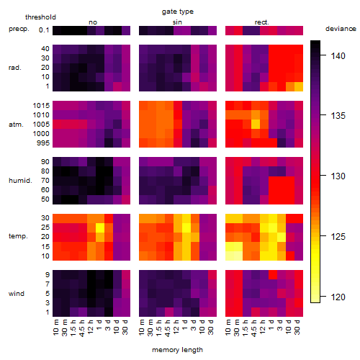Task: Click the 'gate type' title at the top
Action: click(x=178, y=12)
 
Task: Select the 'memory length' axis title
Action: click(x=177, y=350)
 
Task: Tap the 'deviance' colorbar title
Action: click(x=341, y=29)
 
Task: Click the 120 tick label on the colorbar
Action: click(x=338, y=297)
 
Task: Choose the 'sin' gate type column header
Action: click(x=177, y=22)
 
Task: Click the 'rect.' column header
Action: click(x=261, y=22)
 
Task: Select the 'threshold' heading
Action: click(x=40, y=17)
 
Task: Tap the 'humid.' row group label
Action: click(x=20, y=181)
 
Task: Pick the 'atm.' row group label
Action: click(x=16, y=125)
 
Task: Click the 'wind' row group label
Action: click(x=17, y=294)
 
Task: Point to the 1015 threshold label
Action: click(x=41, y=106)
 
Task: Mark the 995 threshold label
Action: click(x=43, y=143)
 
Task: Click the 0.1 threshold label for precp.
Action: click(x=44, y=30)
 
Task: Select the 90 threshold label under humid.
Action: click(x=45, y=162)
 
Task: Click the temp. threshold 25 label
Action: click(x=45, y=228)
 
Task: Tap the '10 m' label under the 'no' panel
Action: click(x=55, y=327)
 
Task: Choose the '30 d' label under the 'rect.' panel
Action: click(x=297, y=327)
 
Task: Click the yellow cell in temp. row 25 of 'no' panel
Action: click(x=100, y=228)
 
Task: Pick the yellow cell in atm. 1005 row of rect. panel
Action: click(x=256, y=124)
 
